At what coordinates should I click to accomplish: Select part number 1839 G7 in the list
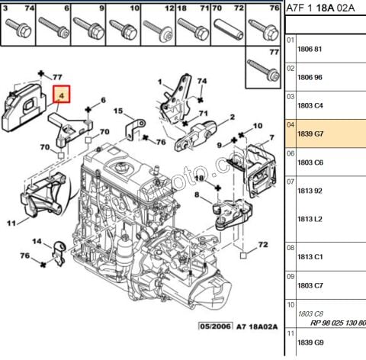click(311, 134)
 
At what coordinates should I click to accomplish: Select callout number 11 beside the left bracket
click(11, 223)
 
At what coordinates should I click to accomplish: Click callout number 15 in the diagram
click(118, 111)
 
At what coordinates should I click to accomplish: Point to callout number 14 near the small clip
click(36, 242)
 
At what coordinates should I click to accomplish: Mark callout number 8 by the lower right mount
click(196, 196)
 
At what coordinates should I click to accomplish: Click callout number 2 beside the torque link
click(231, 117)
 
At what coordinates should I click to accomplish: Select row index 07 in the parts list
click(290, 182)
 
